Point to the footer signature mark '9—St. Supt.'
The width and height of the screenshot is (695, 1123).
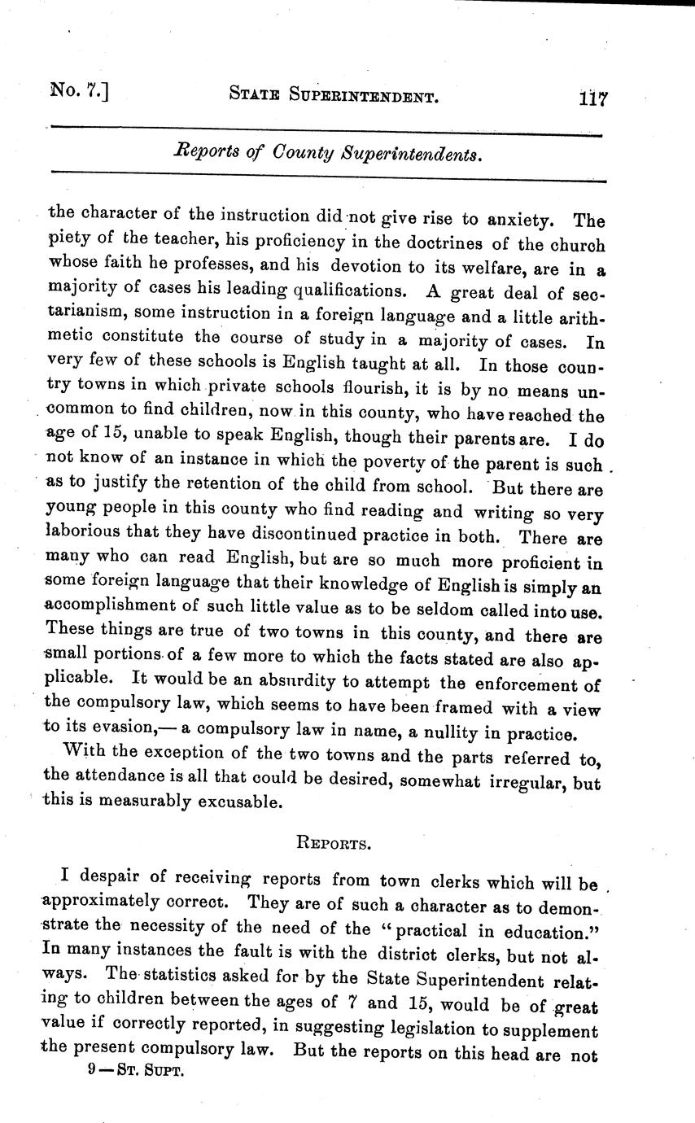137,1072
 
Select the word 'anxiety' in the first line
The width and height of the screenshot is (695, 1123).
519,219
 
